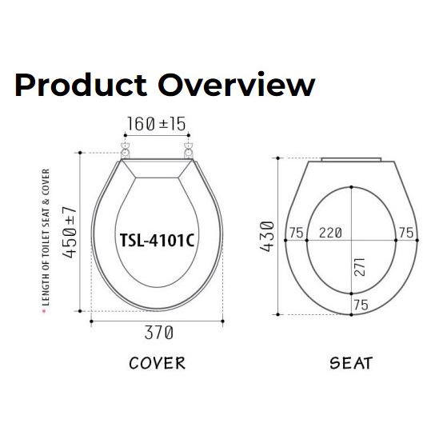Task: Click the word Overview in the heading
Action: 237,84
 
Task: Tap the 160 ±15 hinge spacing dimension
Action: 156,124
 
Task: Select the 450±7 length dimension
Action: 69,232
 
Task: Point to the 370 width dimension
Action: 159,333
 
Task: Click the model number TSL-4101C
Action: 157,240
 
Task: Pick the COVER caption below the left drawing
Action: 158,363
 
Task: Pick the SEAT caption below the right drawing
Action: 351,363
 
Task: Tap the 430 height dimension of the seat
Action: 267,237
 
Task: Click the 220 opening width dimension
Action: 330,233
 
